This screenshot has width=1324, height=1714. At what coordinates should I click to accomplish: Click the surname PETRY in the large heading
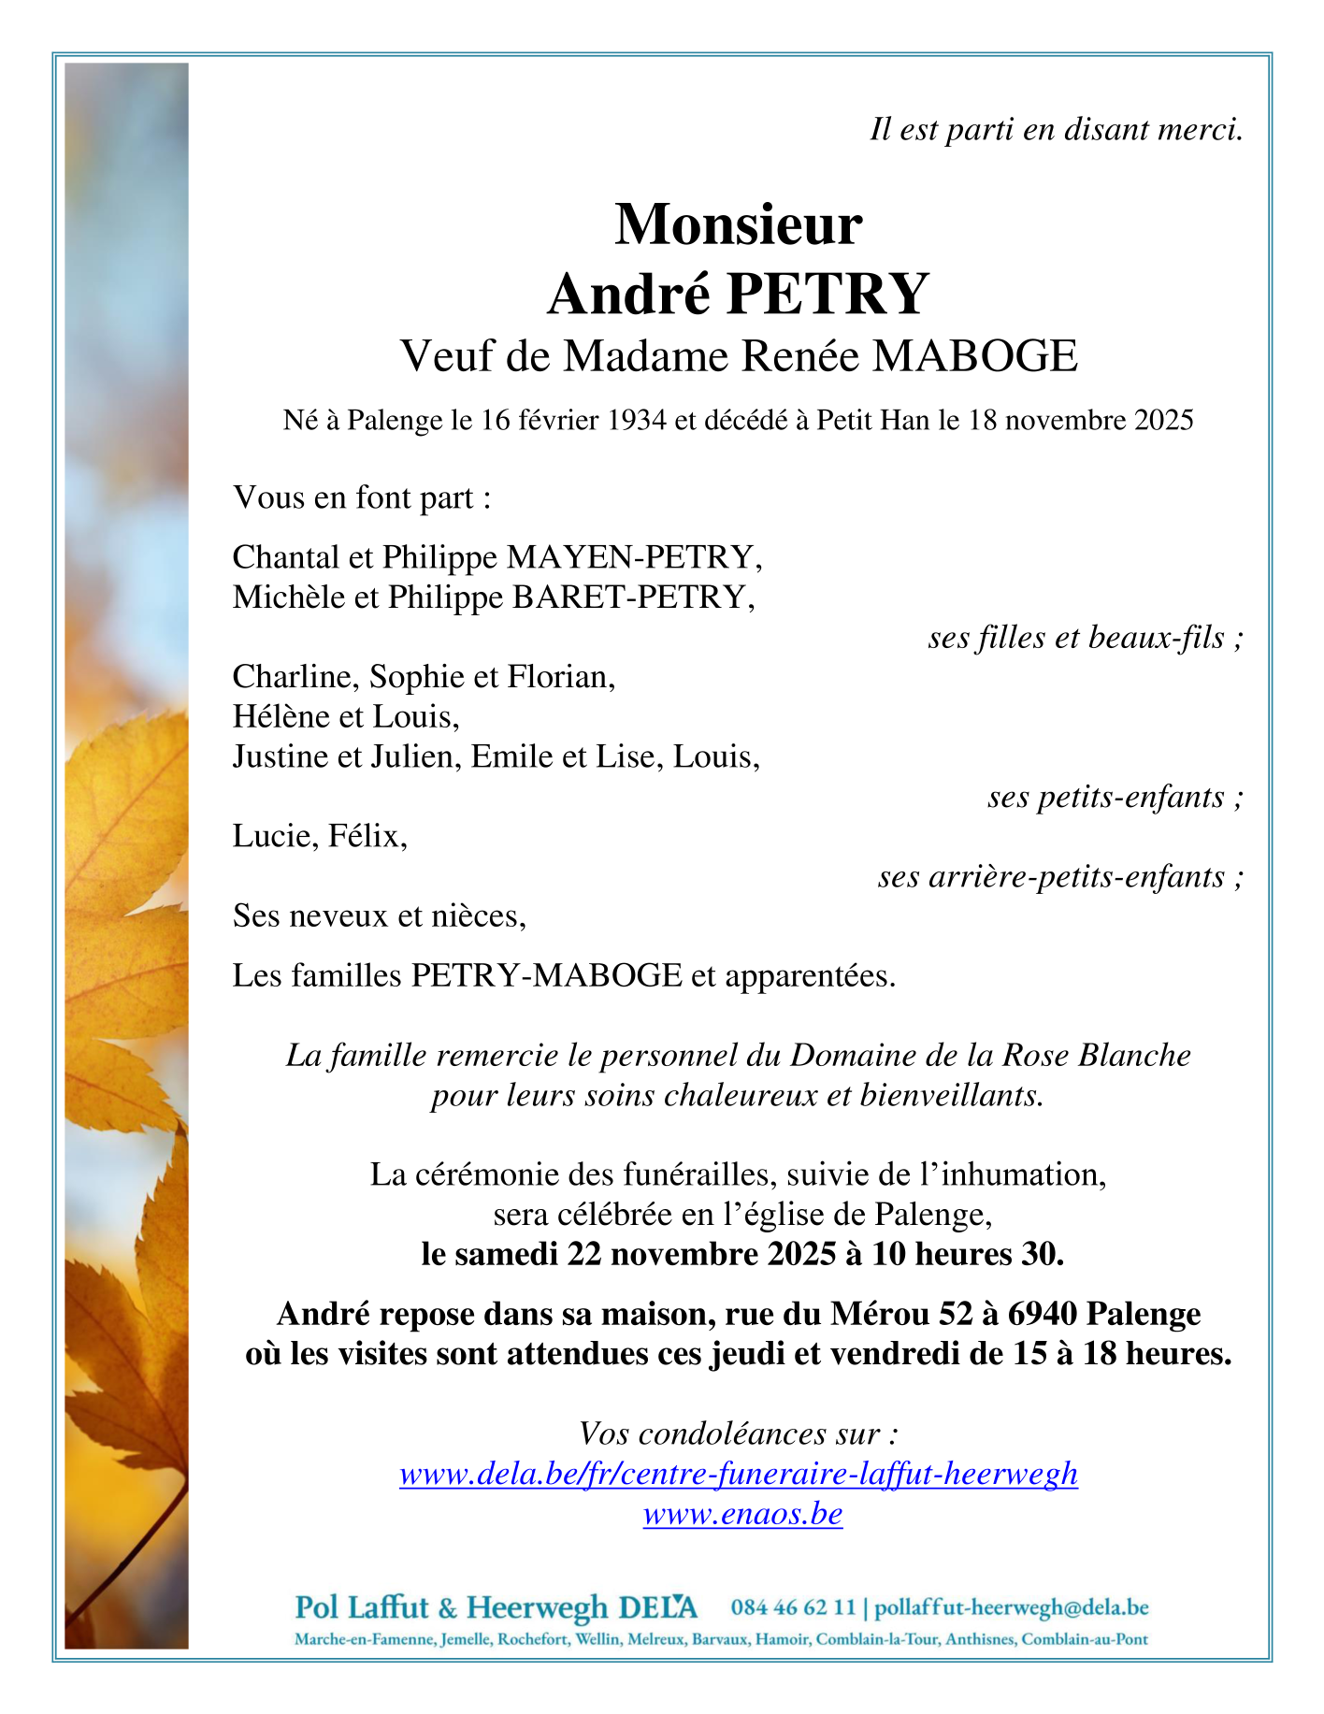(x=826, y=294)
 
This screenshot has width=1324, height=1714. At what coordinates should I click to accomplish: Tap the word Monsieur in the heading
(x=738, y=225)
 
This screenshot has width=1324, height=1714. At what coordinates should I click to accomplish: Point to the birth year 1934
(x=637, y=421)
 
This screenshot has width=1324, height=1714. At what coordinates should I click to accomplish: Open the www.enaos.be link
(x=742, y=1513)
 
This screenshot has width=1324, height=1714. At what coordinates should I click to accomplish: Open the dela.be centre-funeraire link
(x=738, y=1474)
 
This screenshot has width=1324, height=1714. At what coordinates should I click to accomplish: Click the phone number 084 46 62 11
(x=793, y=1607)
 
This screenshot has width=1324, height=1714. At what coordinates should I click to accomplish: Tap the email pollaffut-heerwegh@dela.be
(x=1011, y=1607)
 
